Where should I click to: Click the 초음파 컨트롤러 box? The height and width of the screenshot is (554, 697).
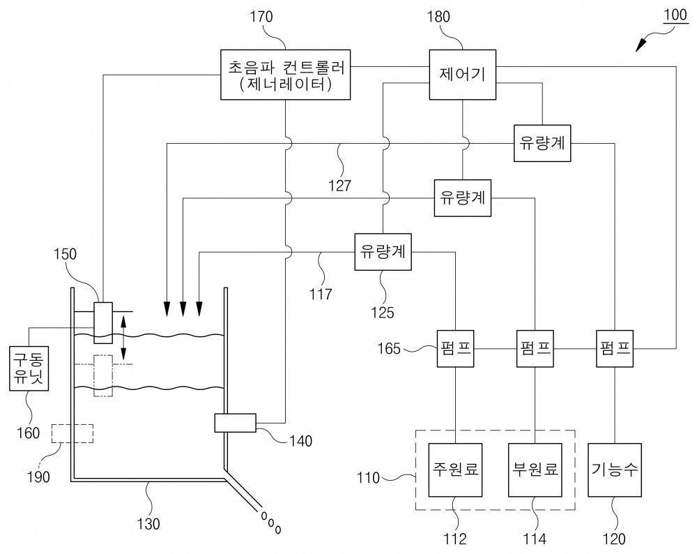(285, 75)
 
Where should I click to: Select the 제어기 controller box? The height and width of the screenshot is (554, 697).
(462, 75)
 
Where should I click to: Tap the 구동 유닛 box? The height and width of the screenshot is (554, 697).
(29, 368)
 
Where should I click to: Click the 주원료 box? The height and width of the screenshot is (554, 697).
(455, 470)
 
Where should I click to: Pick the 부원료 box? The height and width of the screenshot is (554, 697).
(535, 470)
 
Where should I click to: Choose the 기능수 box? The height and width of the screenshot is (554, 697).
(614, 470)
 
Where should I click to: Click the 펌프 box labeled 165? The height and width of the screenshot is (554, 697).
(455, 348)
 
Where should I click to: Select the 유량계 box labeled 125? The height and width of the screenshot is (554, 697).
(383, 252)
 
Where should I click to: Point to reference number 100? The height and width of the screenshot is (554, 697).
(675, 15)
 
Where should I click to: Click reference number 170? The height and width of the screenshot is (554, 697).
(261, 17)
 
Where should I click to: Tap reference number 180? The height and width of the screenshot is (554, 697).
(438, 17)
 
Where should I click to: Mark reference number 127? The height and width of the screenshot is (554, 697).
(339, 185)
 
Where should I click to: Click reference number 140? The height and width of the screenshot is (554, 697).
(300, 440)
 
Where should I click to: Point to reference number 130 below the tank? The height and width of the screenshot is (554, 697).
(148, 524)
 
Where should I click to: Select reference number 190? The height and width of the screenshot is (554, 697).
(38, 477)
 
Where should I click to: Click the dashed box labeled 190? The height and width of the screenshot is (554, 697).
(72, 433)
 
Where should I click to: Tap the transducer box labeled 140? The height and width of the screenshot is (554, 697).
(235, 423)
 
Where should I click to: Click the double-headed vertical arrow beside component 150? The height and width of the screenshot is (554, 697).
(124, 337)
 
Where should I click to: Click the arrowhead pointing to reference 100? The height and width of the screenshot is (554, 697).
(641, 45)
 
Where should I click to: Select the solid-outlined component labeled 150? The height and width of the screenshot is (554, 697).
(103, 322)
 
